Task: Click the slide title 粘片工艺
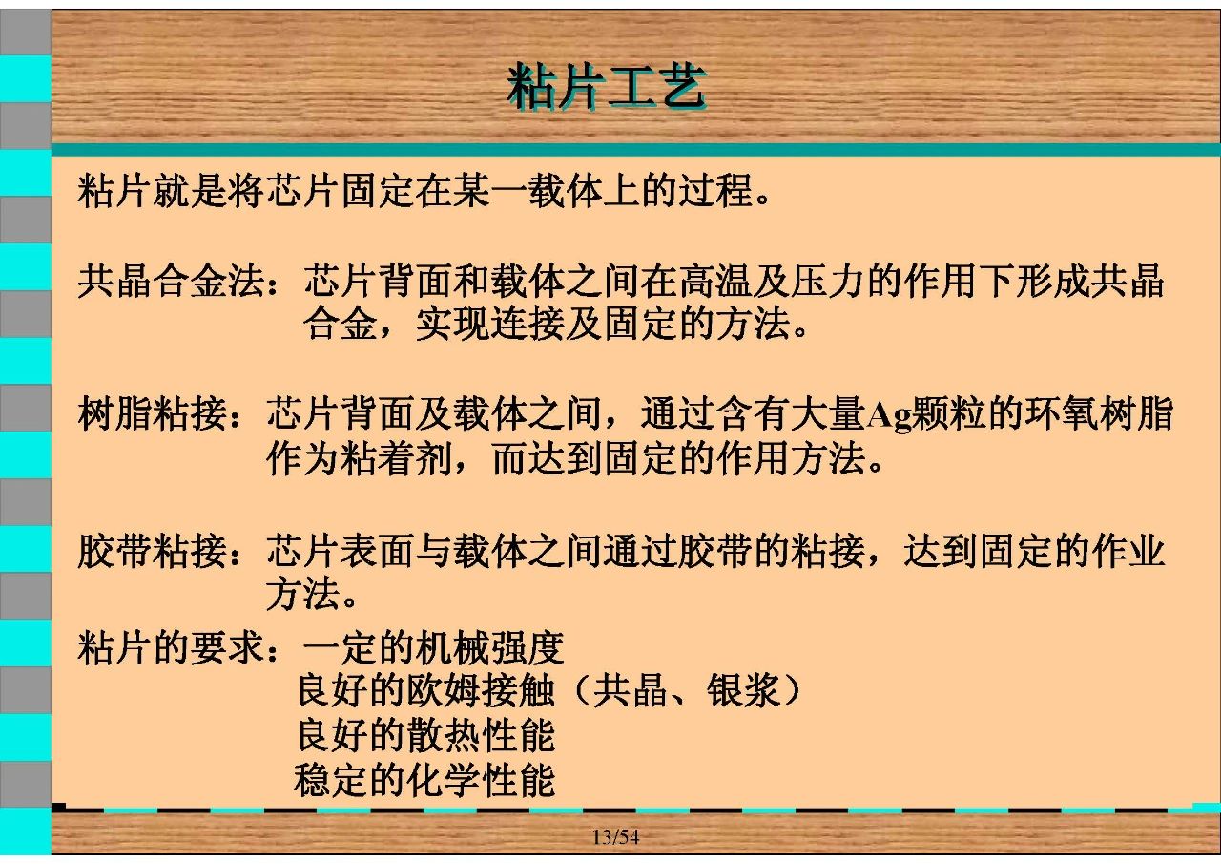pyautogui.click(x=606, y=87)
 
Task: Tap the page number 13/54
pyautogui.click(x=616, y=836)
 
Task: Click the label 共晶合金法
pyautogui.click(x=171, y=281)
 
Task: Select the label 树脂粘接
pyautogui.click(x=152, y=414)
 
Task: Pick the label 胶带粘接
pyautogui.click(x=152, y=551)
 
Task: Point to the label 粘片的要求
pyautogui.click(x=171, y=648)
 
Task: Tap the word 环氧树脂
pyautogui.click(x=1099, y=414)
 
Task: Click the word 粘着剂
pyautogui.click(x=396, y=458)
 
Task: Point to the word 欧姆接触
pyautogui.click(x=480, y=691)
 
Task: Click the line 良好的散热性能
pyautogui.click(x=426, y=735)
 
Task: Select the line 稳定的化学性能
pyautogui.click(x=424, y=780)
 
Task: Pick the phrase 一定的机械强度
pyautogui.click(x=433, y=648)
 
